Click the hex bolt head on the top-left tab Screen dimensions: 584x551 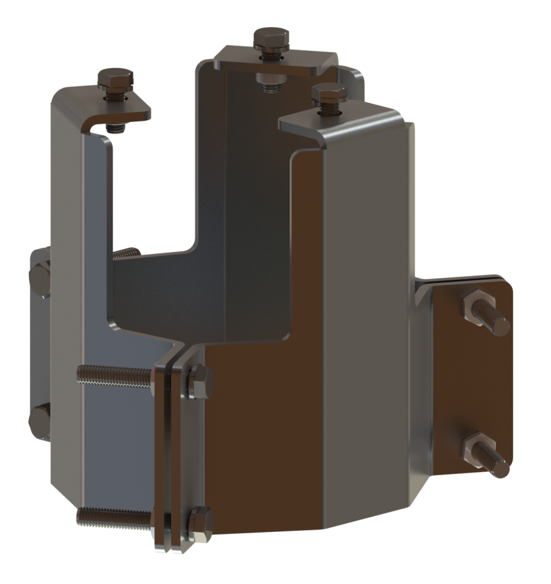[x=114, y=78]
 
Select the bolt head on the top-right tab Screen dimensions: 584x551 [x=329, y=94]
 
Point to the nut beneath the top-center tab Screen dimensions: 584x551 [x=268, y=80]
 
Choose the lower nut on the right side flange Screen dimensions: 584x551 [x=476, y=446]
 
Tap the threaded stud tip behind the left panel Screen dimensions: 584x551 [x=127, y=252]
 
